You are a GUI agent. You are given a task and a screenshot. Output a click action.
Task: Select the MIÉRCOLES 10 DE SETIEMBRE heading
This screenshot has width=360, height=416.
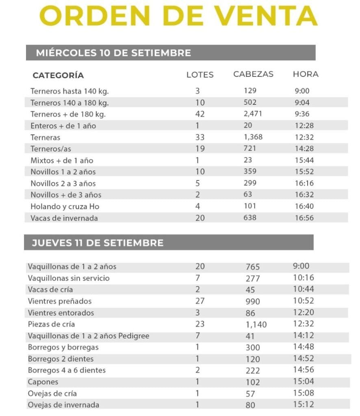coord(113,53)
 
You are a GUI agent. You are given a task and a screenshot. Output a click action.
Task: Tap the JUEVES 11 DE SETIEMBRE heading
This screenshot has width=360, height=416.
coord(98,243)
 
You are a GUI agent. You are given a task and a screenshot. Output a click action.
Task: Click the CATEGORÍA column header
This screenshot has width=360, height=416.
coord(58,76)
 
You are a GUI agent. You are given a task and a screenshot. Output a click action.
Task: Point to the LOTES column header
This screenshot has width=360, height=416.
coord(200,75)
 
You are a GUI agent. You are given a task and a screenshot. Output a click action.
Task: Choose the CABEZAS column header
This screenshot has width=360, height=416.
coord(253,74)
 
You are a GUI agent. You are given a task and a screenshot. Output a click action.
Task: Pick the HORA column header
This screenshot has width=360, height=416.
coord(306,74)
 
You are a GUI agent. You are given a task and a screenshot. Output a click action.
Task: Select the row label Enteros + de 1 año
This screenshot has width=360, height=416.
coord(63,126)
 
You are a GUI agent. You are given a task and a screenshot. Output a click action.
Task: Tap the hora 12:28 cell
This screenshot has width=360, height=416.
coord(304,126)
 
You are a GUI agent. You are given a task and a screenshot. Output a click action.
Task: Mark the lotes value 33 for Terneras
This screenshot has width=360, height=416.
coord(200,137)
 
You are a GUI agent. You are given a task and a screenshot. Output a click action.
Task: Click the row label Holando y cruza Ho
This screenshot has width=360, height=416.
coord(65,207)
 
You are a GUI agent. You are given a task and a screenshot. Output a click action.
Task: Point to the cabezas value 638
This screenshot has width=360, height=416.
coord(250,218)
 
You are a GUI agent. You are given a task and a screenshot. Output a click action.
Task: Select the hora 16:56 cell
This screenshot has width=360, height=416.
coord(304,218)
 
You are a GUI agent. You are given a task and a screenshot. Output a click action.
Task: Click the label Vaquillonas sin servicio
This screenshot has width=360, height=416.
coord(69,278)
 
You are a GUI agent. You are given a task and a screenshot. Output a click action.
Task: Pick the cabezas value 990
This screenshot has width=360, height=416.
coord(253,302)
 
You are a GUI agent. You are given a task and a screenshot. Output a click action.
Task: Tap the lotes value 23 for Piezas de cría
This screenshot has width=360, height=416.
coord(200,325)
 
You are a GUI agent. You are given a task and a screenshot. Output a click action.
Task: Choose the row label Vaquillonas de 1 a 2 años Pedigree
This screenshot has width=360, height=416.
coord(89,336)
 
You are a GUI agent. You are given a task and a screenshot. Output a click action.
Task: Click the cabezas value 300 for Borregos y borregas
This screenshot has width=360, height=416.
coord(253,348)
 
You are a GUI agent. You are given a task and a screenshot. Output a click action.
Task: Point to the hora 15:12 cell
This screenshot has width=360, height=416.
coord(303,405)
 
